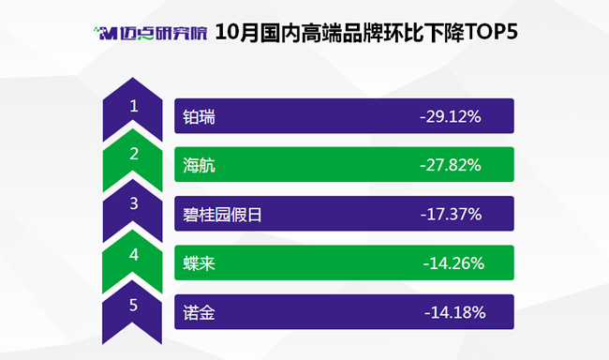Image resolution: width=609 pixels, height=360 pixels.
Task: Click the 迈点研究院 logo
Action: [150, 33]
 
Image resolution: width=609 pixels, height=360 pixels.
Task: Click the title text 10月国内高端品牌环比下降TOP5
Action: [366, 32]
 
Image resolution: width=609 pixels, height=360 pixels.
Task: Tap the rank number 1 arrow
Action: [132, 110]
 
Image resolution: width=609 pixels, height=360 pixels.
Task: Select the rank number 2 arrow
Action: [132, 160]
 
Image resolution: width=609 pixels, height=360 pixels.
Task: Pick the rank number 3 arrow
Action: [132, 211]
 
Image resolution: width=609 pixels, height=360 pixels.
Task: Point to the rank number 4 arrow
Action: [132, 262]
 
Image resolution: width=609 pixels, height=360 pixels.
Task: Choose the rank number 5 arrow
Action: [132, 312]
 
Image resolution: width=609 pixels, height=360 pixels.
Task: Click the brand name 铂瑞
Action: [199, 117]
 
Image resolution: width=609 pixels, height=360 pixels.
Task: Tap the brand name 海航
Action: [199, 166]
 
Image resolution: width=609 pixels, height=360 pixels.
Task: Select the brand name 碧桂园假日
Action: [223, 215]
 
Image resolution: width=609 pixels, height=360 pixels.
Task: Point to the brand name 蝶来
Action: [199, 263]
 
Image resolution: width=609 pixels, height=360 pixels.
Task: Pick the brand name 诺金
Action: [199, 312]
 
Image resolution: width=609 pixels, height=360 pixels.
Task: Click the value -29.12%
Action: [451, 116]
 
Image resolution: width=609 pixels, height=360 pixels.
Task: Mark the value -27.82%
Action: [451, 165]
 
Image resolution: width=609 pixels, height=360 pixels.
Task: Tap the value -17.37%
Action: [452, 214]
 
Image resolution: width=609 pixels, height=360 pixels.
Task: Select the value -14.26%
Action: [453, 263]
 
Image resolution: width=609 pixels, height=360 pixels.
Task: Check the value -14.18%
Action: [454, 312]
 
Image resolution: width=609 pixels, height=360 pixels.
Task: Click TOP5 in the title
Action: [491, 32]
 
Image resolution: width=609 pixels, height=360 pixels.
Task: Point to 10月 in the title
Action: [237, 32]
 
